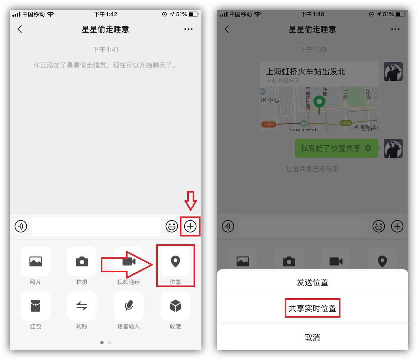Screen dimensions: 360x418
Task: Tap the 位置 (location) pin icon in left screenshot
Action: point(175,261)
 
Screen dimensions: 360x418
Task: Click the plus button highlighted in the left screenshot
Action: point(190,226)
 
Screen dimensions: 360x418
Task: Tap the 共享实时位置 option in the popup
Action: point(312,308)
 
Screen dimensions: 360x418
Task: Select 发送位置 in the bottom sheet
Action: point(312,282)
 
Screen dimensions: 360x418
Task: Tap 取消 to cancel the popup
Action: point(312,337)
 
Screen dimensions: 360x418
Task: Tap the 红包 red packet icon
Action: point(35,306)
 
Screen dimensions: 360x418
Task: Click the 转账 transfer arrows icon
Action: point(82,306)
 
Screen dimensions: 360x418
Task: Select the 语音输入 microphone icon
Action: point(129,306)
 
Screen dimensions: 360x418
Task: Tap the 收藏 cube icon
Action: point(175,306)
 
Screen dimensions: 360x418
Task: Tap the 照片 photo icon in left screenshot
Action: point(35,261)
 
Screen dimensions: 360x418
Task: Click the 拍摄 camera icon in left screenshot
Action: point(82,261)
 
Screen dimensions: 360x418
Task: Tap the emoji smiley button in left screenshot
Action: point(171,226)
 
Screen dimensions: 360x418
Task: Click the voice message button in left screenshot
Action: point(21,226)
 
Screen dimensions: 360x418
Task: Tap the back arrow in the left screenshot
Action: point(20,29)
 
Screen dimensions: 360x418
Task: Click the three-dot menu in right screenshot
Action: point(395,29)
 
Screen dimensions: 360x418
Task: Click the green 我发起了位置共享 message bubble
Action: point(336,148)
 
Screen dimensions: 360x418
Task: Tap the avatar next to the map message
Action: point(393,71)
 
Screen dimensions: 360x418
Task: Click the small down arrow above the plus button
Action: point(191,200)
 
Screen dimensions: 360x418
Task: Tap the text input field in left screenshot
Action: point(96,226)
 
